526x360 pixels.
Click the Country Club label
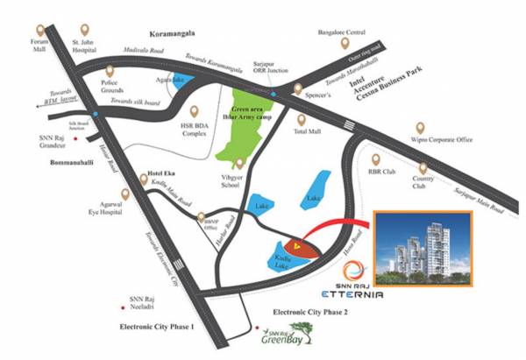[x=422, y=181]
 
